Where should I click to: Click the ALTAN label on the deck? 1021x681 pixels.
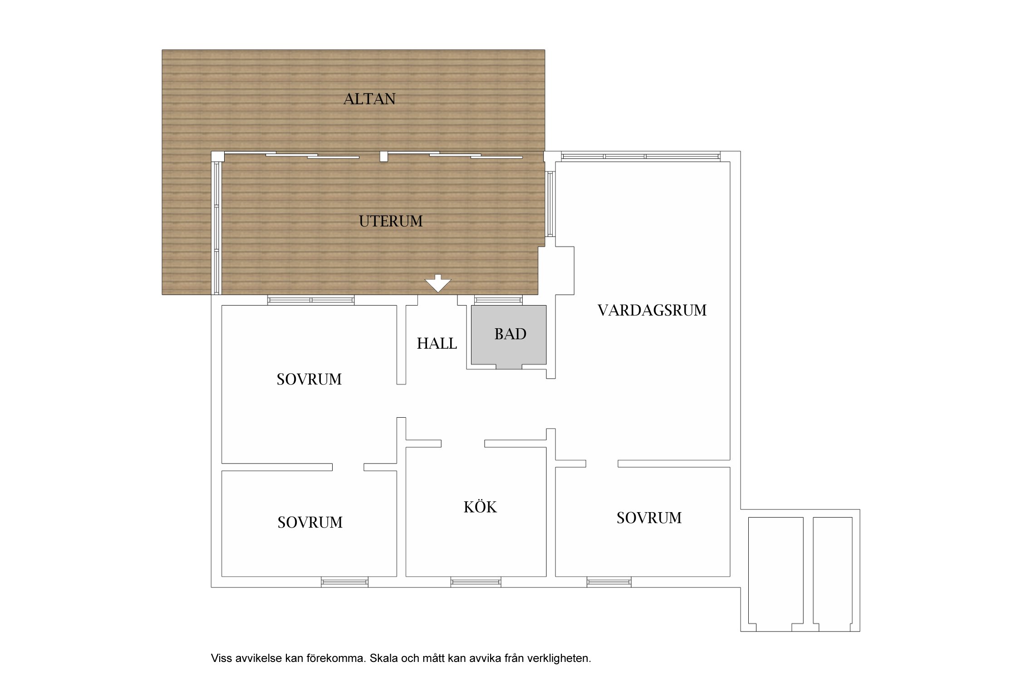pos(369,99)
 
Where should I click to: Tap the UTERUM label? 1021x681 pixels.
pos(391,221)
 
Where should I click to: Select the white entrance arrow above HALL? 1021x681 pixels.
pos(438,283)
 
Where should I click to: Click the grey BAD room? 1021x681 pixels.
pos(509,335)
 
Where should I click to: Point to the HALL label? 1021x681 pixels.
pos(437,344)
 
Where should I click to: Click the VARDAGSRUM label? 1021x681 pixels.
pos(652,311)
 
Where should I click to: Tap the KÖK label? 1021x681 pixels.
pos(480,507)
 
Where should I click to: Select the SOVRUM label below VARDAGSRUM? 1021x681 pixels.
pos(649,518)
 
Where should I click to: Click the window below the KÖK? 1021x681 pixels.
pos(476,582)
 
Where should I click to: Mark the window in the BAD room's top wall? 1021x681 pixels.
pos(498,300)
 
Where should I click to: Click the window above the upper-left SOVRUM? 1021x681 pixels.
pos(311,300)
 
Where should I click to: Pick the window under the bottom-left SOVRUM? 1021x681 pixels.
pos(344,582)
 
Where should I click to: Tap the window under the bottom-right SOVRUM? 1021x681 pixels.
pos(609,582)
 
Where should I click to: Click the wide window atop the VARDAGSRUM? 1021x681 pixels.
pos(641,157)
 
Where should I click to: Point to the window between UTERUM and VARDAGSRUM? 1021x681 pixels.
pos(550,204)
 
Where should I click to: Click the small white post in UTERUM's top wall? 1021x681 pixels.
pos(384,157)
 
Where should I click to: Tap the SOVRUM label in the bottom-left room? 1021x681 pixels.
pos(310,523)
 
